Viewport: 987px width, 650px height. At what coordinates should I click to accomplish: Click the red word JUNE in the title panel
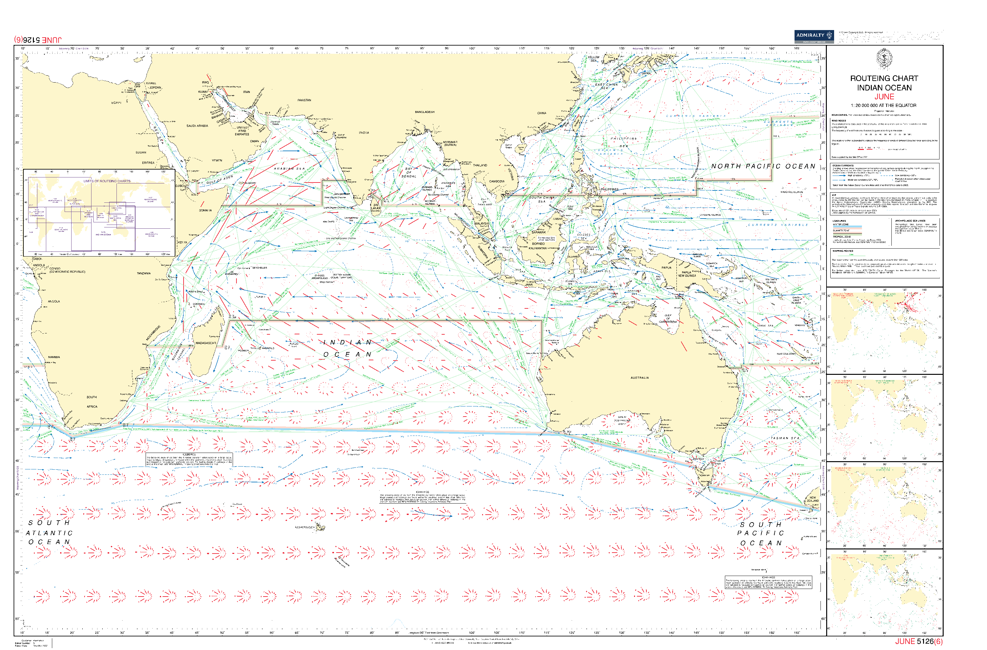[884, 96]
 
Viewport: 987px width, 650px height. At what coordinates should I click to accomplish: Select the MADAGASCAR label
[205, 343]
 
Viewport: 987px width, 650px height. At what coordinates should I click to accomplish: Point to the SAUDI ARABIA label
[197, 126]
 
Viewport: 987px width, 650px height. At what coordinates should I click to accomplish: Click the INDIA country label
[364, 133]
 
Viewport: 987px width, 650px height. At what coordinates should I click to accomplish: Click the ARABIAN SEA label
[289, 169]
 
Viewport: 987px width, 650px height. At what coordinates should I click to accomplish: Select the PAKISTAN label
[304, 100]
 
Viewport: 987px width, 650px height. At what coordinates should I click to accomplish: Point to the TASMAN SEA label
[784, 438]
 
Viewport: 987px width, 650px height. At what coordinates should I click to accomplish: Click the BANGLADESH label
[424, 112]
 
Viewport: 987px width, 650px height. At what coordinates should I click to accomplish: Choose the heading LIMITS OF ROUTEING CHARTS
[107, 181]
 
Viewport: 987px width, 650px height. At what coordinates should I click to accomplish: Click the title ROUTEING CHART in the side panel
[884, 78]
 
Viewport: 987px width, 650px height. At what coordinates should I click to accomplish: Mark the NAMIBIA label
[54, 357]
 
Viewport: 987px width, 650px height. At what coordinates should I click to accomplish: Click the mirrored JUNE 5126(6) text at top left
[38, 40]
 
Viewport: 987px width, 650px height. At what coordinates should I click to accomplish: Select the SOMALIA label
[205, 210]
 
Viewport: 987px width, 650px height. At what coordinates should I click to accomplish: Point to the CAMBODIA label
[497, 181]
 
